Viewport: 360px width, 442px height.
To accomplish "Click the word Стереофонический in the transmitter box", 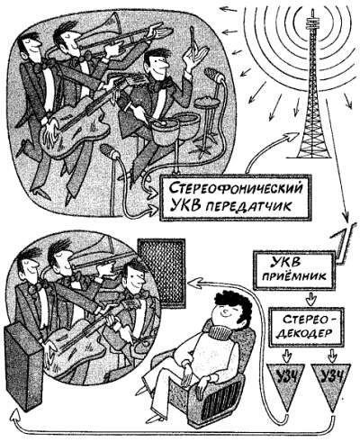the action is click(235, 188).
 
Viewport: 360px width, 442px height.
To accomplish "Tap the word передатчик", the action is click(249, 206).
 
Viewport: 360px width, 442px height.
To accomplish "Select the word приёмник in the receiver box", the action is click(294, 276).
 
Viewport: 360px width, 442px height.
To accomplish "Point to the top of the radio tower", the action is click(312, 11).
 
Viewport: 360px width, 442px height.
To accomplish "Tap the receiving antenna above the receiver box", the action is click(344, 244).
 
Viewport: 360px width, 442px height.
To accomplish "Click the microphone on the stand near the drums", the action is click(213, 75).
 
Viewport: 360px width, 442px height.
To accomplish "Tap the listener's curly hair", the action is click(231, 303).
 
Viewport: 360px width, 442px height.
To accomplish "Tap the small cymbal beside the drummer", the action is click(207, 102).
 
